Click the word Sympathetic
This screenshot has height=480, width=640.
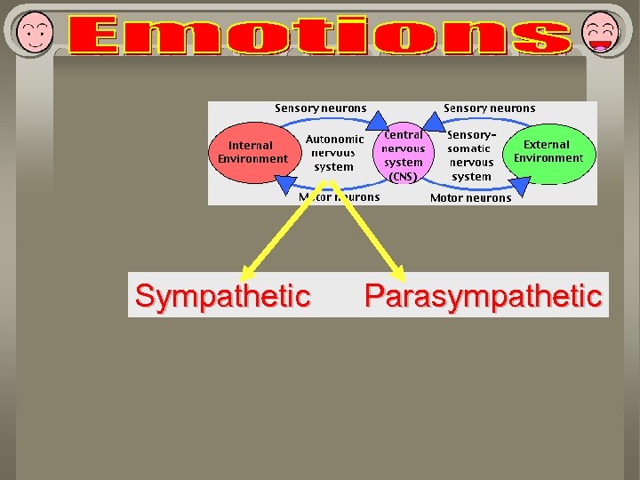tap(222, 296)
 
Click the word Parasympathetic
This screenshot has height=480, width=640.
tap(484, 296)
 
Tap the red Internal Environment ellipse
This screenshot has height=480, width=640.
tap(253, 153)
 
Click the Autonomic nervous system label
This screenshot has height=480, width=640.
tap(334, 153)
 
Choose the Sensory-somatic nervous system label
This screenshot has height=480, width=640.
tap(471, 156)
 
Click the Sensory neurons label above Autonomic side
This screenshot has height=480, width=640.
tap(320, 108)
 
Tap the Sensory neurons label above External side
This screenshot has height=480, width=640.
tap(489, 108)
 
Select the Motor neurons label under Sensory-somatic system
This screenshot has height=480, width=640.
tap(470, 198)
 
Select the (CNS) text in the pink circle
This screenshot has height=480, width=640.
tap(403, 177)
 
